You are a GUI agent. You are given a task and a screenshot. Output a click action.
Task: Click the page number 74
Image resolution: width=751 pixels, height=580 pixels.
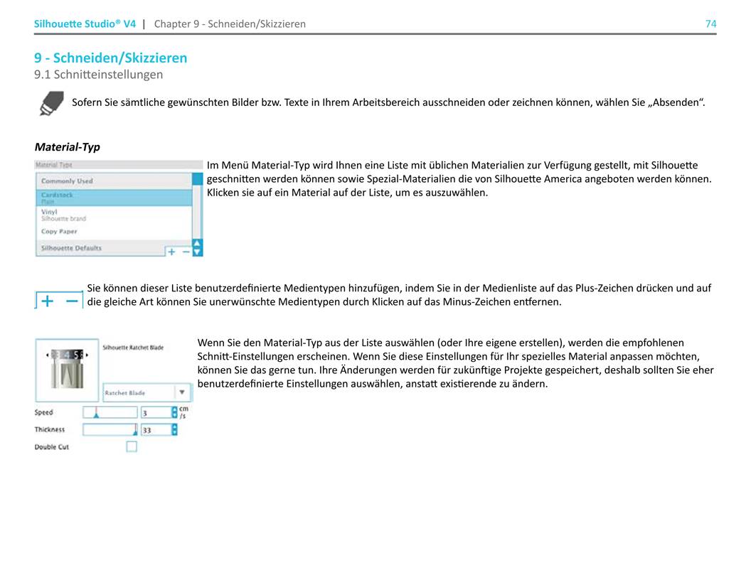click(x=710, y=23)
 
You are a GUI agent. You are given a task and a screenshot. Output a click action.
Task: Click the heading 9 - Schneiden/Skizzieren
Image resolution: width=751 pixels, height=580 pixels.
click(x=110, y=58)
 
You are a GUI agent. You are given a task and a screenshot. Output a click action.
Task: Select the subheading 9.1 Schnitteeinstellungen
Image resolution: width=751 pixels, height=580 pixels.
click(x=98, y=74)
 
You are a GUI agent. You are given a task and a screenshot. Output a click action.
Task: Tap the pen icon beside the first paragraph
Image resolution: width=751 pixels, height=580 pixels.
click(x=50, y=103)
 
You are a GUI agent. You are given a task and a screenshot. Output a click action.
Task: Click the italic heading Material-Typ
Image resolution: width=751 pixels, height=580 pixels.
click(x=67, y=147)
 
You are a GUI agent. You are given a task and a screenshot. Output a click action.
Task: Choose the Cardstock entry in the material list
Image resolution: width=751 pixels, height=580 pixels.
click(x=57, y=195)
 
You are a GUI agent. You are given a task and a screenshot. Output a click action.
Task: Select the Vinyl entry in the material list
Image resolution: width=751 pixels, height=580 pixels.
click(x=49, y=212)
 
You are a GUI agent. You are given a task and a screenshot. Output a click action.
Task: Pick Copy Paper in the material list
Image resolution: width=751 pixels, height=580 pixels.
click(x=59, y=232)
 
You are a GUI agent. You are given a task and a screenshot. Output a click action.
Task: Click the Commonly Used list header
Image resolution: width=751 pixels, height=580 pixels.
click(x=67, y=181)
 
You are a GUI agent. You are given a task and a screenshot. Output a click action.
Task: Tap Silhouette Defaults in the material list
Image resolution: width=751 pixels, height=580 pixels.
click(x=71, y=248)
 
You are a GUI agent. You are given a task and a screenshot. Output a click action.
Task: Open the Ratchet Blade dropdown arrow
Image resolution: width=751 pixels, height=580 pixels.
click(x=182, y=392)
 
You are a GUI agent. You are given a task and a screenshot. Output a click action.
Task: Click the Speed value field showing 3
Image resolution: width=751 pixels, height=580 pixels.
click(x=155, y=412)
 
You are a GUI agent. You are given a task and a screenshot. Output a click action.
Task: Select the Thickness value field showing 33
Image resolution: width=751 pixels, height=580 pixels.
click(x=155, y=430)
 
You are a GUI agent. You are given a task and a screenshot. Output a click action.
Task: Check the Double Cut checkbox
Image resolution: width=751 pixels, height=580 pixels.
click(x=132, y=447)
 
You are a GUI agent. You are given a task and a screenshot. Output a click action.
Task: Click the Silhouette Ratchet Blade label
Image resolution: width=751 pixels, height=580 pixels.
click(x=133, y=348)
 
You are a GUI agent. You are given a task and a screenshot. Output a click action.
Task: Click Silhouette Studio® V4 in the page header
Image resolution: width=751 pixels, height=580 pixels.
click(x=85, y=23)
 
